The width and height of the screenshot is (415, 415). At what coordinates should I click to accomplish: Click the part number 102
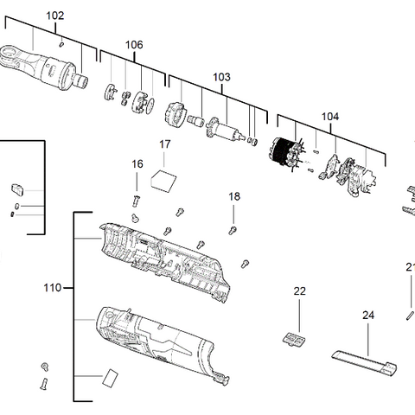point(54,16)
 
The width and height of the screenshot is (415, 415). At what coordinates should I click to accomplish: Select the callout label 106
point(134,45)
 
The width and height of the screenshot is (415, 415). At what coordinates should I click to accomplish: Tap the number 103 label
point(221,77)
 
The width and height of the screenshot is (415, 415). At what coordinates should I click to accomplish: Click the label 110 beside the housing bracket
point(52,288)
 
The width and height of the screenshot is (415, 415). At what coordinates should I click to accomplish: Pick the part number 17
point(164,144)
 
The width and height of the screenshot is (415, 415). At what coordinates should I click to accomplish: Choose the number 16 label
point(137,163)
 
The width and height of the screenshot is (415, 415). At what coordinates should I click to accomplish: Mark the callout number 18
point(234,197)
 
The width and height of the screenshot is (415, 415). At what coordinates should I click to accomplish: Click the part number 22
point(299,291)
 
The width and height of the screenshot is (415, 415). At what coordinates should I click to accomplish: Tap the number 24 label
point(368,316)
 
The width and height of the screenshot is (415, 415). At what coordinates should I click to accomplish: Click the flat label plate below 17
point(163,179)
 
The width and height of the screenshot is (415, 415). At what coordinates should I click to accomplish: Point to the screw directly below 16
point(137,182)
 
